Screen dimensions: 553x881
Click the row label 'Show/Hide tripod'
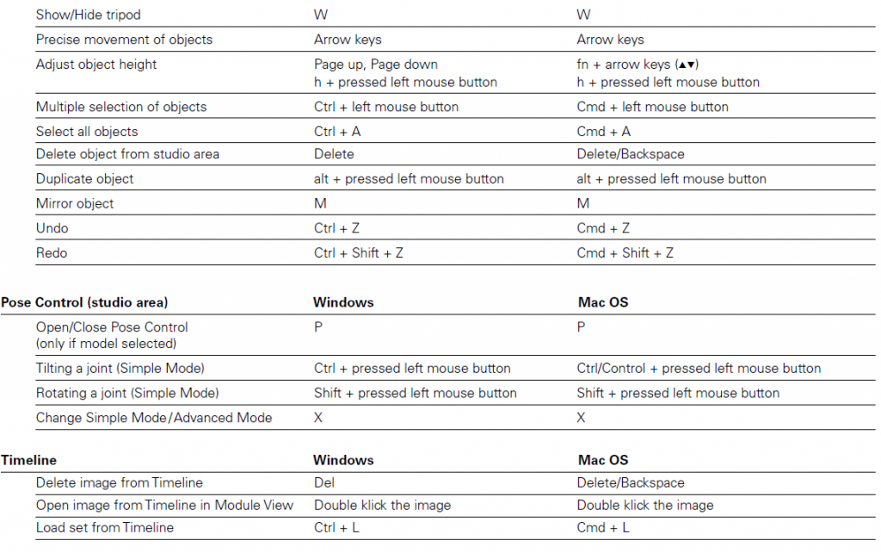tap(88, 15)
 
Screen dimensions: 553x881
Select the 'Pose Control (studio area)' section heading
tap(84, 302)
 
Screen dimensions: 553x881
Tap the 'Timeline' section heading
tap(28, 460)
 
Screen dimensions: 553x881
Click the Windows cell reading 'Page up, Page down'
tap(376, 65)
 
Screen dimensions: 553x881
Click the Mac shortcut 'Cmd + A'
tap(603, 132)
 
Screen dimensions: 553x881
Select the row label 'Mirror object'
tap(75, 203)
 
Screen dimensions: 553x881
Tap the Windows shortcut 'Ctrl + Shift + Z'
tap(359, 253)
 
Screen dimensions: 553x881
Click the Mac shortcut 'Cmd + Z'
tap(603, 228)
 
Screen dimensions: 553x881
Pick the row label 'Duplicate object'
tap(84, 179)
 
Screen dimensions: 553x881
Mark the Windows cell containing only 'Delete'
tap(334, 154)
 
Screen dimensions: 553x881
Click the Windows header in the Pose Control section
tap(343, 302)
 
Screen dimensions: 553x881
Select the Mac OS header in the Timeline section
tap(604, 460)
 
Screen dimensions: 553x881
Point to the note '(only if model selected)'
tap(106, 344)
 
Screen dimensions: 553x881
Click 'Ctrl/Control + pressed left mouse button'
tap(699, 369)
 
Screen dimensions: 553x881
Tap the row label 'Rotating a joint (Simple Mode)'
tap(127, 393)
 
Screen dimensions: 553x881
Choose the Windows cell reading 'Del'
tap(324, 482)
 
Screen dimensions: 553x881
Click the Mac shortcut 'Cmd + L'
tap(603, 527)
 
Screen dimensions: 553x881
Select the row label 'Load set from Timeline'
tap(104, 527)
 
